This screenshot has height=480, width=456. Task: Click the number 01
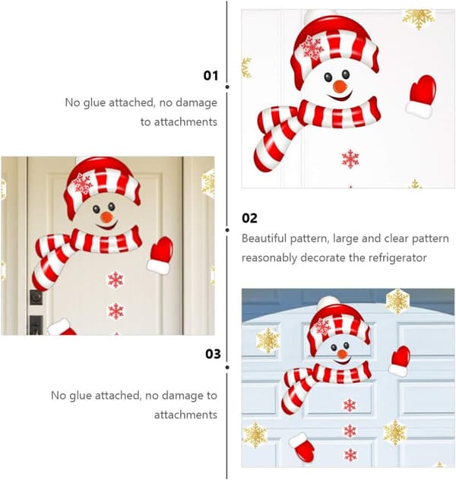pos(211,76)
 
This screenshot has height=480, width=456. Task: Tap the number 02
pos(249,218)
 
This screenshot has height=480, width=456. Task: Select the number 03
pos(213,354)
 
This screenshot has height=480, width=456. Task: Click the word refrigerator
pos(397,257)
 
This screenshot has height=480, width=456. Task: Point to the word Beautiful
pos(264,238)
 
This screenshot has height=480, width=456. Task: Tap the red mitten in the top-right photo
pos(421,96)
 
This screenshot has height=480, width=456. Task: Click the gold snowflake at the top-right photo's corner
pos(418,18)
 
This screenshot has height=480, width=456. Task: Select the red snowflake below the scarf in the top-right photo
pos(350,159)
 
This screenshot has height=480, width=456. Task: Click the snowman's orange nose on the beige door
pos(107,217)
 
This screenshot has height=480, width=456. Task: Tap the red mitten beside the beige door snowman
pos(160,255)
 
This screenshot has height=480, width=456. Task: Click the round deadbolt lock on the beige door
pos(36,297)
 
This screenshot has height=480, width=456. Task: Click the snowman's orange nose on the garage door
pos(343,355)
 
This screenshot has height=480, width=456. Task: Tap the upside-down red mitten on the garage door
pos(302,447)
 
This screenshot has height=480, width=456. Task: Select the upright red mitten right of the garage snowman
pos(400,361)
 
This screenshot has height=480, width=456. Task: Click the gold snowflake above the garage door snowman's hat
pos(397,302)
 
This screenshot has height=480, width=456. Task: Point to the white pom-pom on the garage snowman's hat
pos(328,302)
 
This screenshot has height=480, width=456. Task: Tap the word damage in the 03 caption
pos(183,396)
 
